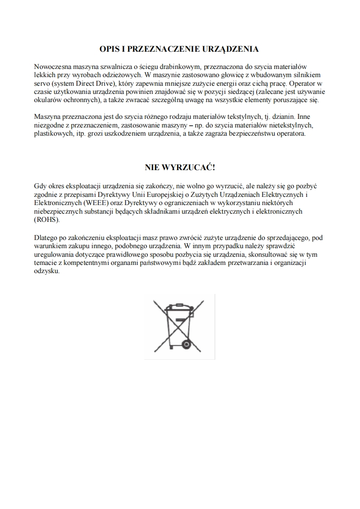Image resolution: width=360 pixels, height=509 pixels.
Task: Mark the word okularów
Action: tap(48, 99)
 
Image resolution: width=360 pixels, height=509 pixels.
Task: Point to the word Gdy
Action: tap(40, 186)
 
